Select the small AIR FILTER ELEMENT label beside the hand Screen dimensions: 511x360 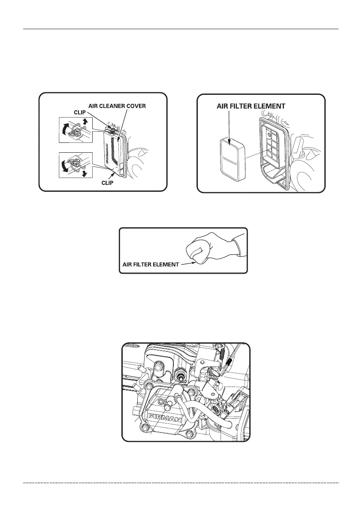pos(150,265)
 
